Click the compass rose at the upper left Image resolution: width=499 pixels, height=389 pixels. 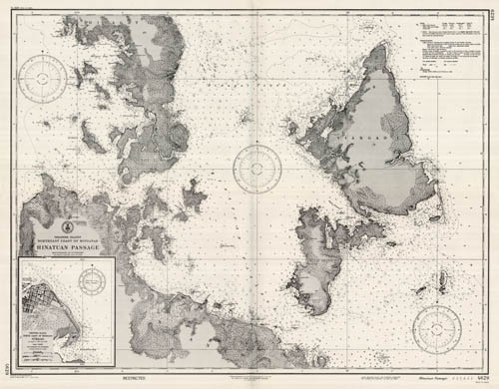point(46,77)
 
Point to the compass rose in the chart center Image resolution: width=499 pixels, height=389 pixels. point(256,168)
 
